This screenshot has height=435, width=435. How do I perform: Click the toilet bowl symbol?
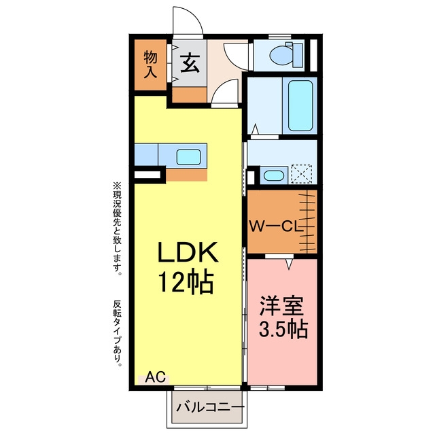[x=281, y=55]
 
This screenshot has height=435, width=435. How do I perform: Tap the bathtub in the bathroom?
[x=300, y=106]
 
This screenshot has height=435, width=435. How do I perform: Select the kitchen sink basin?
[x=189, y=157]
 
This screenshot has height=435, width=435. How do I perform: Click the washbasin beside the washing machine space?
[x=273, y=175]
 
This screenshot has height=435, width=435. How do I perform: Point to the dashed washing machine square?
[x=302, y=174]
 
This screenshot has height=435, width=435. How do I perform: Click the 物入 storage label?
[x=150, y=65]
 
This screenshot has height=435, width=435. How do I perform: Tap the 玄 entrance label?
[x=190, y=63]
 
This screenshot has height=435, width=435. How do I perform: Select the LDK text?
[x=188, y=252]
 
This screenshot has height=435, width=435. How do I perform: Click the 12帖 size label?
[x=186, y=283]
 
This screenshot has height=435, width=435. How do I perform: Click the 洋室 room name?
[x=281, y=307]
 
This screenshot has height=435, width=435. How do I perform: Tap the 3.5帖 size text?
[x=283, y=329]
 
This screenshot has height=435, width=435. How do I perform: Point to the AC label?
[x=156, y=377]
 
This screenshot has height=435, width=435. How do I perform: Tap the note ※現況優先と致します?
[x=118, y=228]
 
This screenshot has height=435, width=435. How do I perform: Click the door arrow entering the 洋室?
[x=290, y=264]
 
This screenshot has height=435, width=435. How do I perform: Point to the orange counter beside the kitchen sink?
[x=186, y=175]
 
